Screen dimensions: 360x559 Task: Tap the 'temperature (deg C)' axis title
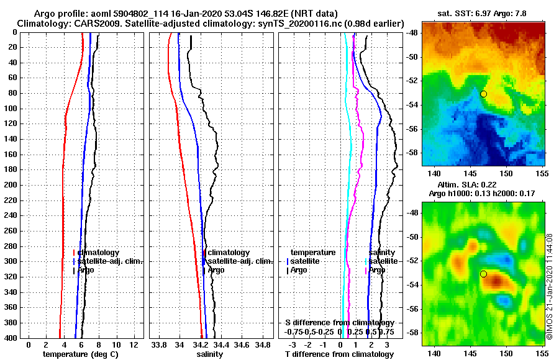coord(80,354)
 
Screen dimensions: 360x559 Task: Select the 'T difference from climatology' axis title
coord(339,354)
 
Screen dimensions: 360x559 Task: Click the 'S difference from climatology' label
coord(339,323)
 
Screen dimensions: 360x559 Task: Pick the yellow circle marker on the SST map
coord(483,94)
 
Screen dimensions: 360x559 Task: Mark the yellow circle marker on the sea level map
coord(483,274)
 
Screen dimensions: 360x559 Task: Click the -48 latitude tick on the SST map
coord(412,33)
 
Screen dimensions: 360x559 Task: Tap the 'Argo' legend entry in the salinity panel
coord(216,270)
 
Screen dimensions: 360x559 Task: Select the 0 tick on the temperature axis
coord(29,344)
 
